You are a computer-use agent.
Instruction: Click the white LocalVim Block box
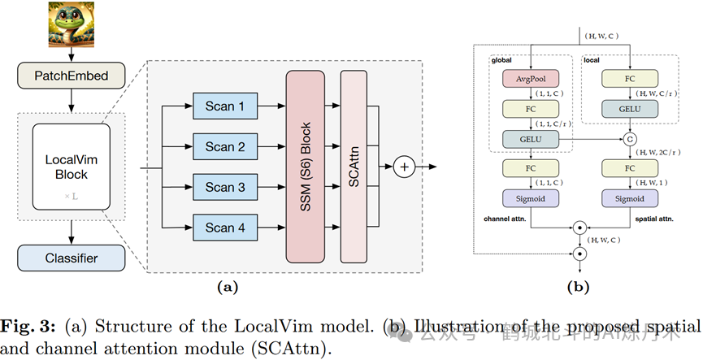71,167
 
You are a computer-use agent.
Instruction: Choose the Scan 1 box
224,106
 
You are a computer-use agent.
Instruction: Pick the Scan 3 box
224,188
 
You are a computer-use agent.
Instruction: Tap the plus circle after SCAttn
405,167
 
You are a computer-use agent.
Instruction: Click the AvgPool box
532,79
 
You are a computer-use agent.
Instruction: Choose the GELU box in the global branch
532,139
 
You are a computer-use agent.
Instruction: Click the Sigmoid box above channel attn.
532,199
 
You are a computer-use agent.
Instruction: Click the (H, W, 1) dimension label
649,184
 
